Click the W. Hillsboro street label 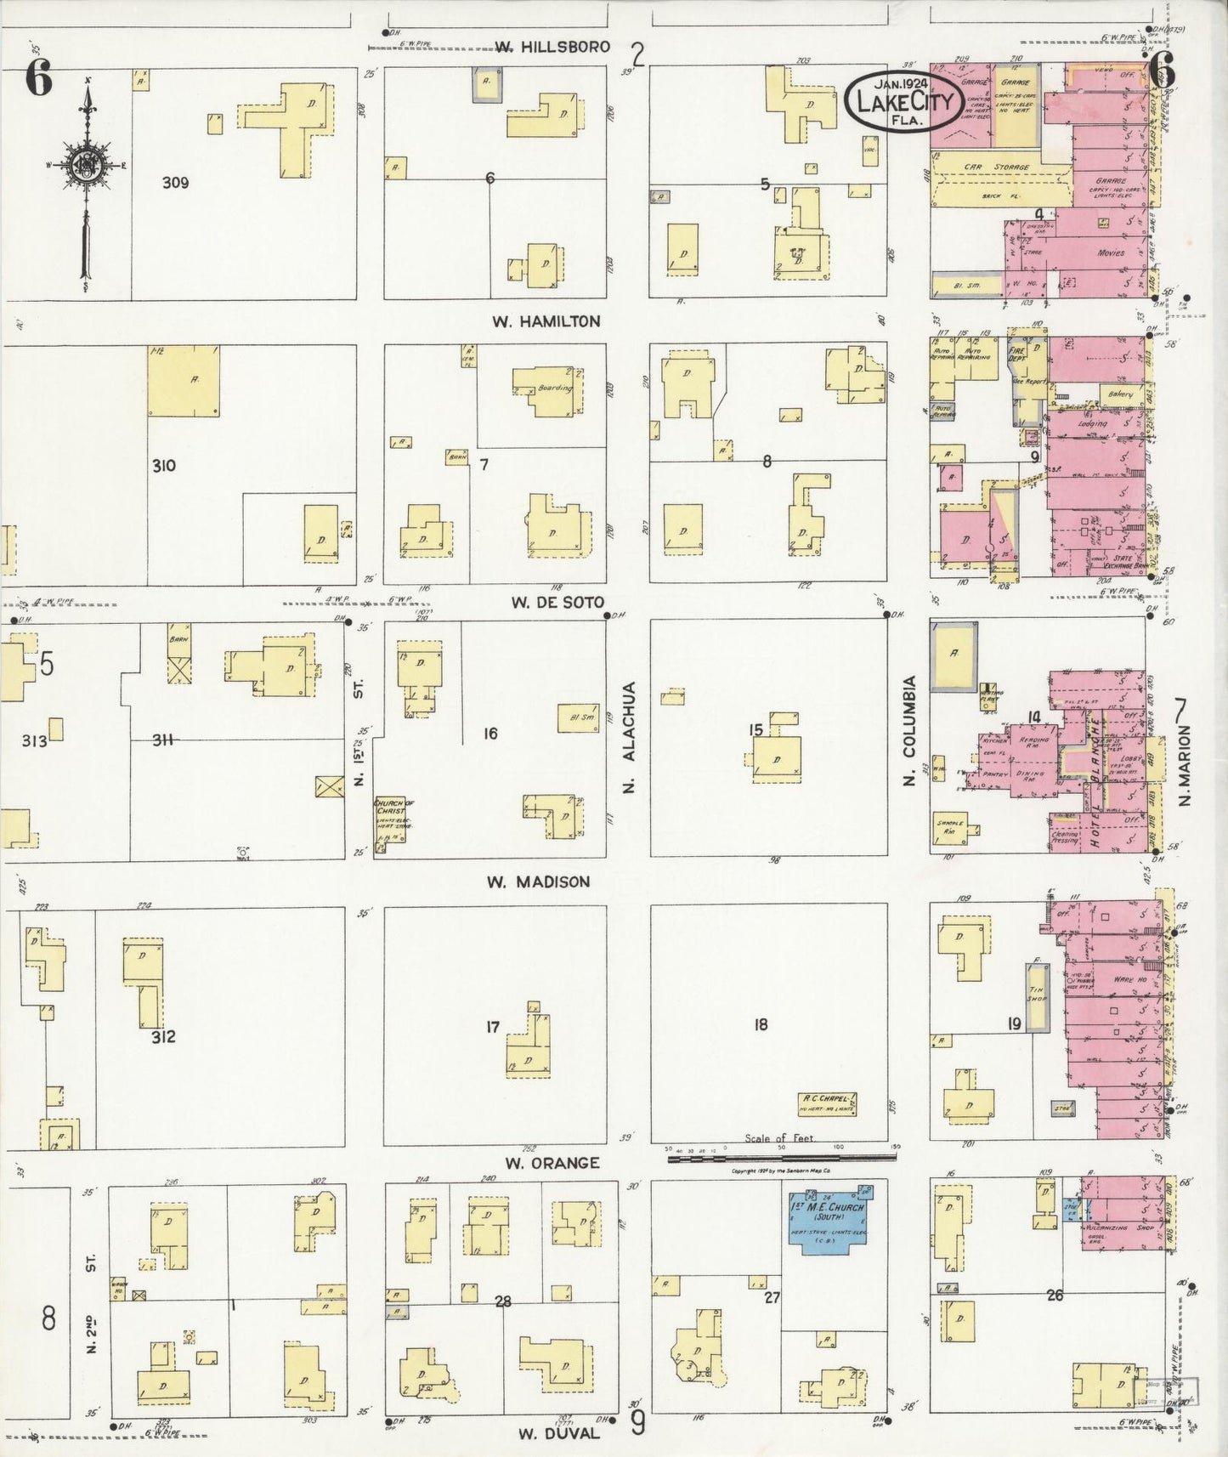552,47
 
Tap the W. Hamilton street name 546,321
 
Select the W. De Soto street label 557,603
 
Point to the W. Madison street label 538,882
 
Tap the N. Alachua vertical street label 629,737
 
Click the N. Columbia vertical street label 908,729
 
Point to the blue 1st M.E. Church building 826,1219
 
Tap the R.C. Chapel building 827,1103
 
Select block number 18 760,1025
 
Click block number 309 175,183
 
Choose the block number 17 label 493,1027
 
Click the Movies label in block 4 1110,252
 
